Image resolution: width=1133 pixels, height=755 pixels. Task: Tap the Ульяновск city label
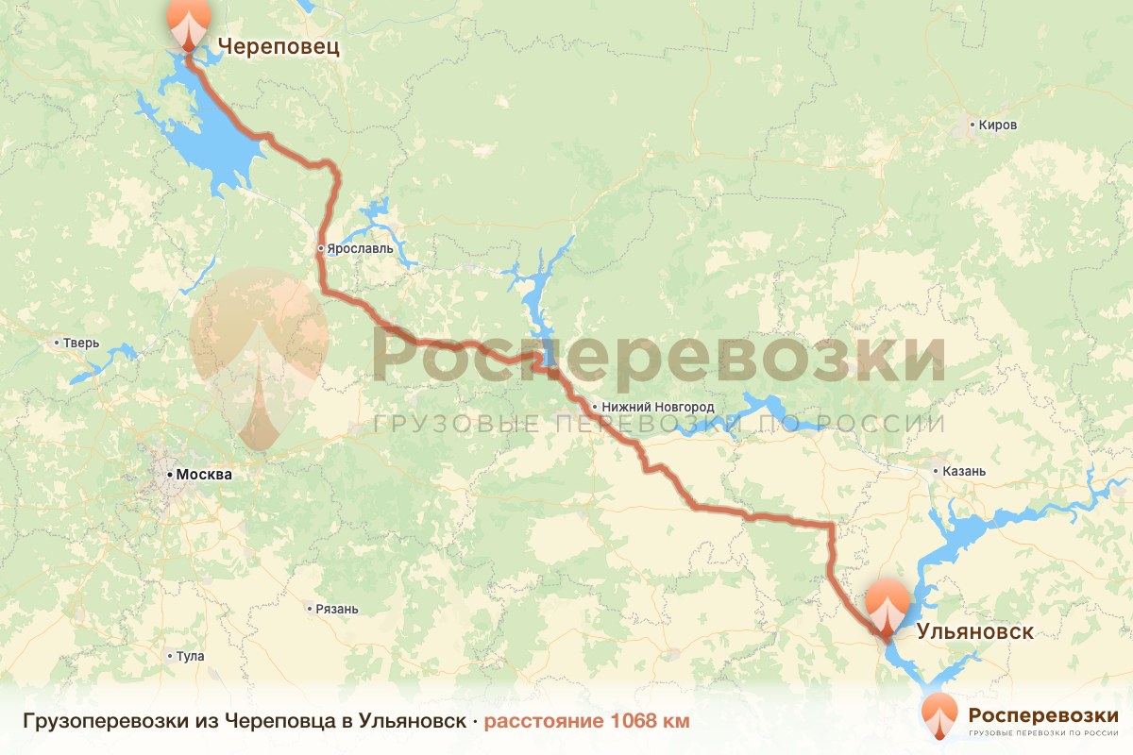(x=974, y=631)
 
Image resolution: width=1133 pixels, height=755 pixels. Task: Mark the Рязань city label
(x=338, y=609)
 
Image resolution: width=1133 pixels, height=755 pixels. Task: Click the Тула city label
(x=190, y=656)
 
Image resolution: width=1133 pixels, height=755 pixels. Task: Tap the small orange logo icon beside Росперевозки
(x=940, y=715)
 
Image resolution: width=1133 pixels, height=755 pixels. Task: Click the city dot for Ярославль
(x=321, y=249)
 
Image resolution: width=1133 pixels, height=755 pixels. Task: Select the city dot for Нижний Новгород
(x=594, y=408)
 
